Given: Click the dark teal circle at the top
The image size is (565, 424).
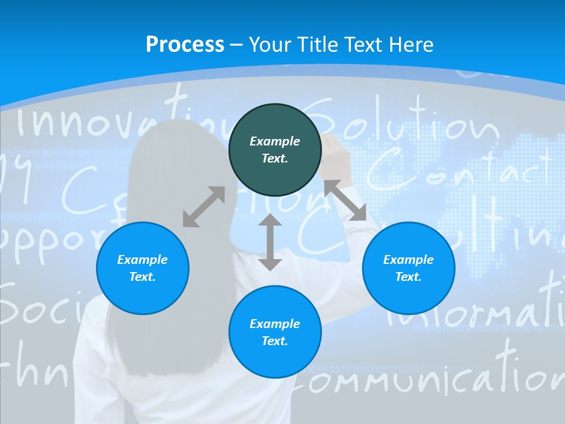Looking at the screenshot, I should pyautogui.click(x=275, y=150).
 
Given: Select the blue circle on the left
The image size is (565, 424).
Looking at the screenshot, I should pyautogui.click(x=142, y=269).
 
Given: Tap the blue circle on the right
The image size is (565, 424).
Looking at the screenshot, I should pyautogui.click(x=408, y=269).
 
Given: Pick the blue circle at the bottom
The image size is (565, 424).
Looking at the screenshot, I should pyautogui.click(x=275, y=332).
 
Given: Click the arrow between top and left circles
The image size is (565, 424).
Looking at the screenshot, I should pyautogui.click(x=204, y=207).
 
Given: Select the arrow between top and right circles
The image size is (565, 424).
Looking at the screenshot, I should pyautogui.click(x=345, y=200).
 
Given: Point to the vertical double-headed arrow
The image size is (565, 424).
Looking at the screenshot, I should pyautogui.click(x=270, y=242).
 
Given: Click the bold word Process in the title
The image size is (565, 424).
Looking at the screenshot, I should pyautogui.click(x=185, y=44).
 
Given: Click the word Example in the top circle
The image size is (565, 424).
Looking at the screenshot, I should pyautogui.click(x=275, y=141).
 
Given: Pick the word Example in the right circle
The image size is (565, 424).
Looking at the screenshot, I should pyautogui.click(x=408, y=260).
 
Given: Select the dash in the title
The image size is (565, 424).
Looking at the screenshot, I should pyautogui.click(x=236, y=45).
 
